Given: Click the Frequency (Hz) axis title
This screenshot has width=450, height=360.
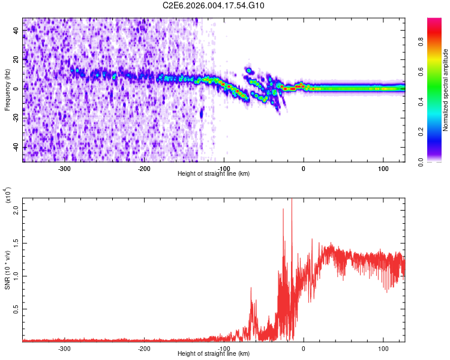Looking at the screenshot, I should pyautogui.click(x=7, y=90).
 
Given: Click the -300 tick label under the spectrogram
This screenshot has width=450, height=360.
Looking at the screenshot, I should pyautogui.click(x=64, y=168).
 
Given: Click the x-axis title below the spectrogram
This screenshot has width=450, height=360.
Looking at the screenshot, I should pyautogui.click(x=214, y=174).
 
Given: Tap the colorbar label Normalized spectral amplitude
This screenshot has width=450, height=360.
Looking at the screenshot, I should pyautogui.click(x=445, y=90).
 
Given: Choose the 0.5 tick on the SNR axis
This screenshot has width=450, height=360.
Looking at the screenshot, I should pyautogui.click(x=16, y=309).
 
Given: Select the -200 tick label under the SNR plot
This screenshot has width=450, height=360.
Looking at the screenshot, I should pyautogui.click(x=144, y=348).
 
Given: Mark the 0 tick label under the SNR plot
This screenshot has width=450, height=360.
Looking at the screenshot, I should pyautogui.click(x=304, y=348).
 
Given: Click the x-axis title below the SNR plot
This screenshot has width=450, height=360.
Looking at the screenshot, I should pyautogui.click(x=214, y=354).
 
